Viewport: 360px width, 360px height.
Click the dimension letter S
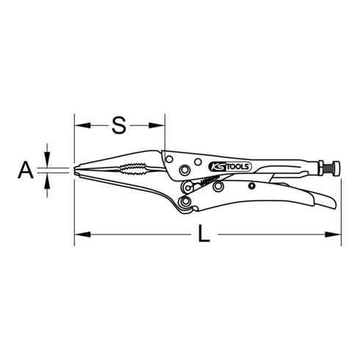[x=118, y=125]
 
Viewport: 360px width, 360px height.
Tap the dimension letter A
[x=26, y=172]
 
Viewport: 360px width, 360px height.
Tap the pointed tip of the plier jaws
[x=76, y=172]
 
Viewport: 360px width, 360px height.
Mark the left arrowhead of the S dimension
[x=79, y=125]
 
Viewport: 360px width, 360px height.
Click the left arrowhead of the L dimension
[x=79, y=236]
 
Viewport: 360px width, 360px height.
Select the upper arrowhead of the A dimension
[x=48, y=163]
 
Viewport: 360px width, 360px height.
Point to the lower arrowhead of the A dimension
[x=48, y=180]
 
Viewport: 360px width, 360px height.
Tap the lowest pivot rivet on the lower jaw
[x=185, y=201]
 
